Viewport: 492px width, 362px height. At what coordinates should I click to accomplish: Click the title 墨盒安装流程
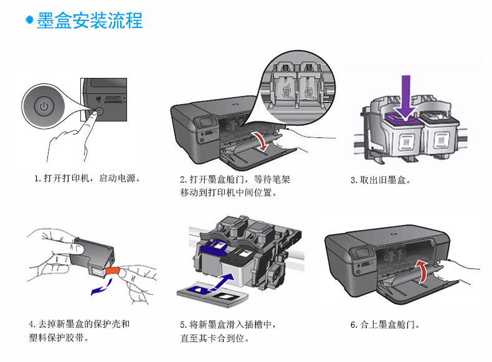(90, 20)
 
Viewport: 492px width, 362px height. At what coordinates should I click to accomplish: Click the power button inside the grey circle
(44, 107)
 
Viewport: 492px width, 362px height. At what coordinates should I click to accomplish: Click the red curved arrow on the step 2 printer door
(264, 142)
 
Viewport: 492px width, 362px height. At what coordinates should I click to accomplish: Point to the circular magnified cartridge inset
(298, 82)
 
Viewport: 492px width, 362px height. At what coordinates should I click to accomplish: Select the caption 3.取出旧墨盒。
(381, 180)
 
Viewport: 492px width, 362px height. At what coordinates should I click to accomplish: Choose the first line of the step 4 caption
(79, 325)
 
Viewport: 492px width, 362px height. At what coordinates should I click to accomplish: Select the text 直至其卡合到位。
(215, 339)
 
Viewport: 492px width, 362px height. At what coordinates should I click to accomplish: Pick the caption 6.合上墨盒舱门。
(385, 325)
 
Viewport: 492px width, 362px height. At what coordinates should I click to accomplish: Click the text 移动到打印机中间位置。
(229, 193)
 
